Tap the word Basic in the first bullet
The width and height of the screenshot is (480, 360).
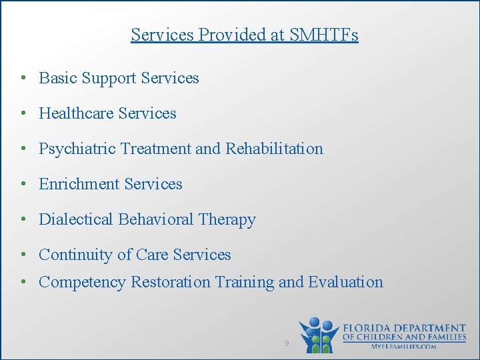58,78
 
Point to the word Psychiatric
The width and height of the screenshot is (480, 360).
75,149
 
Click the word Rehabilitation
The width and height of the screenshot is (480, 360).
274,149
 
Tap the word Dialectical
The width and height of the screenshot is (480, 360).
77,219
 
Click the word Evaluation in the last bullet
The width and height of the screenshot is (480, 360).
345,282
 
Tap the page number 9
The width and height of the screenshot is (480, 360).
287,343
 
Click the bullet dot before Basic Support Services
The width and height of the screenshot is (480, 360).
23,78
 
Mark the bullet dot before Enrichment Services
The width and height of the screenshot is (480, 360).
23,184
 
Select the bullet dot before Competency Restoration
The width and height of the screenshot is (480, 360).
23,282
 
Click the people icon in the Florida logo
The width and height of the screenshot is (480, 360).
319,335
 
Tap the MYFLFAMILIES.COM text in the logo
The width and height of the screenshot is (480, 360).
404,346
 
